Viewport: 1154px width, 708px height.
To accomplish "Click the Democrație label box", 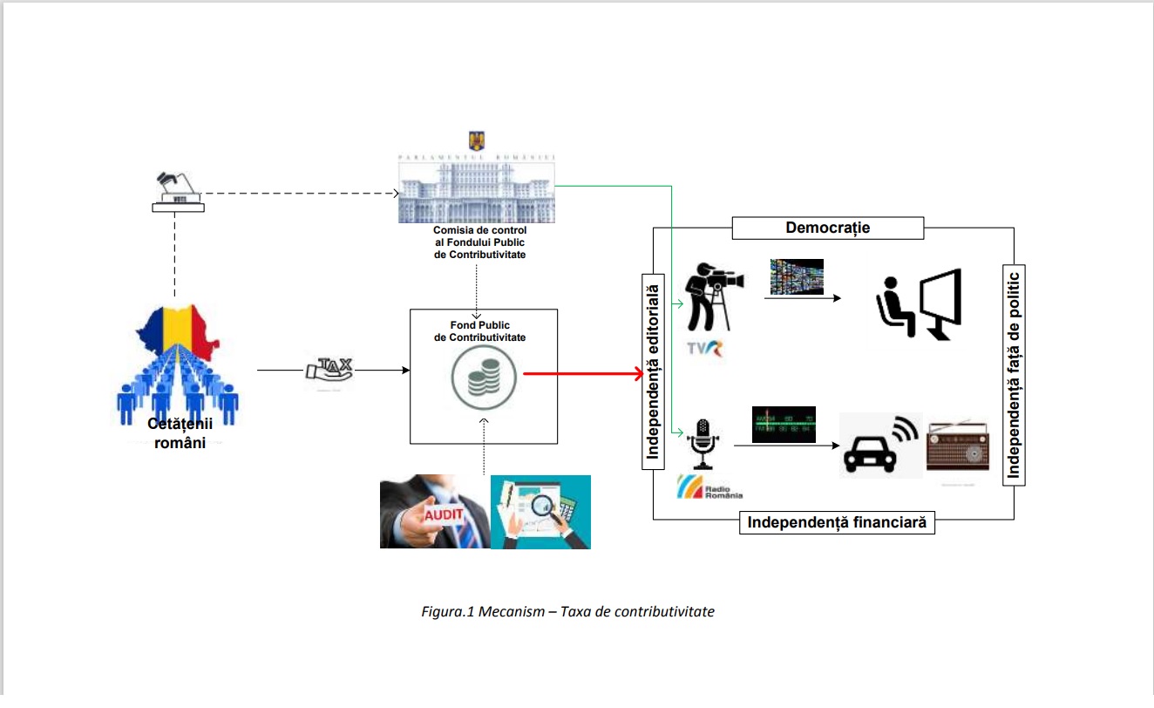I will [827, 228].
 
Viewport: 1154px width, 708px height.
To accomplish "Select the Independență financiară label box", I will [837, 522].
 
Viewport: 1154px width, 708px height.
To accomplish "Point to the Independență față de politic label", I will [1014, 374].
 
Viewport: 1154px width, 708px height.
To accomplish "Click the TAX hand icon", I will [329, 370].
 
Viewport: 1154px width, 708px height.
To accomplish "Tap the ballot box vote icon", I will [178, 192].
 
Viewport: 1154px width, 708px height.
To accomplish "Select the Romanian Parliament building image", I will [476, 187].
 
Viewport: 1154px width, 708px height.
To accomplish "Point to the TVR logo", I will [709, 351].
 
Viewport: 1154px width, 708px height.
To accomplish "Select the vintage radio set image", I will [958, 446].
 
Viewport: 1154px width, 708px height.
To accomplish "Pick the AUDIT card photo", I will [434, 512].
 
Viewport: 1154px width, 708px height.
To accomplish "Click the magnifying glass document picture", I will [540, 512].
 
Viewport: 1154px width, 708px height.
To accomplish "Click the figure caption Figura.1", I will [567, 611].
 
